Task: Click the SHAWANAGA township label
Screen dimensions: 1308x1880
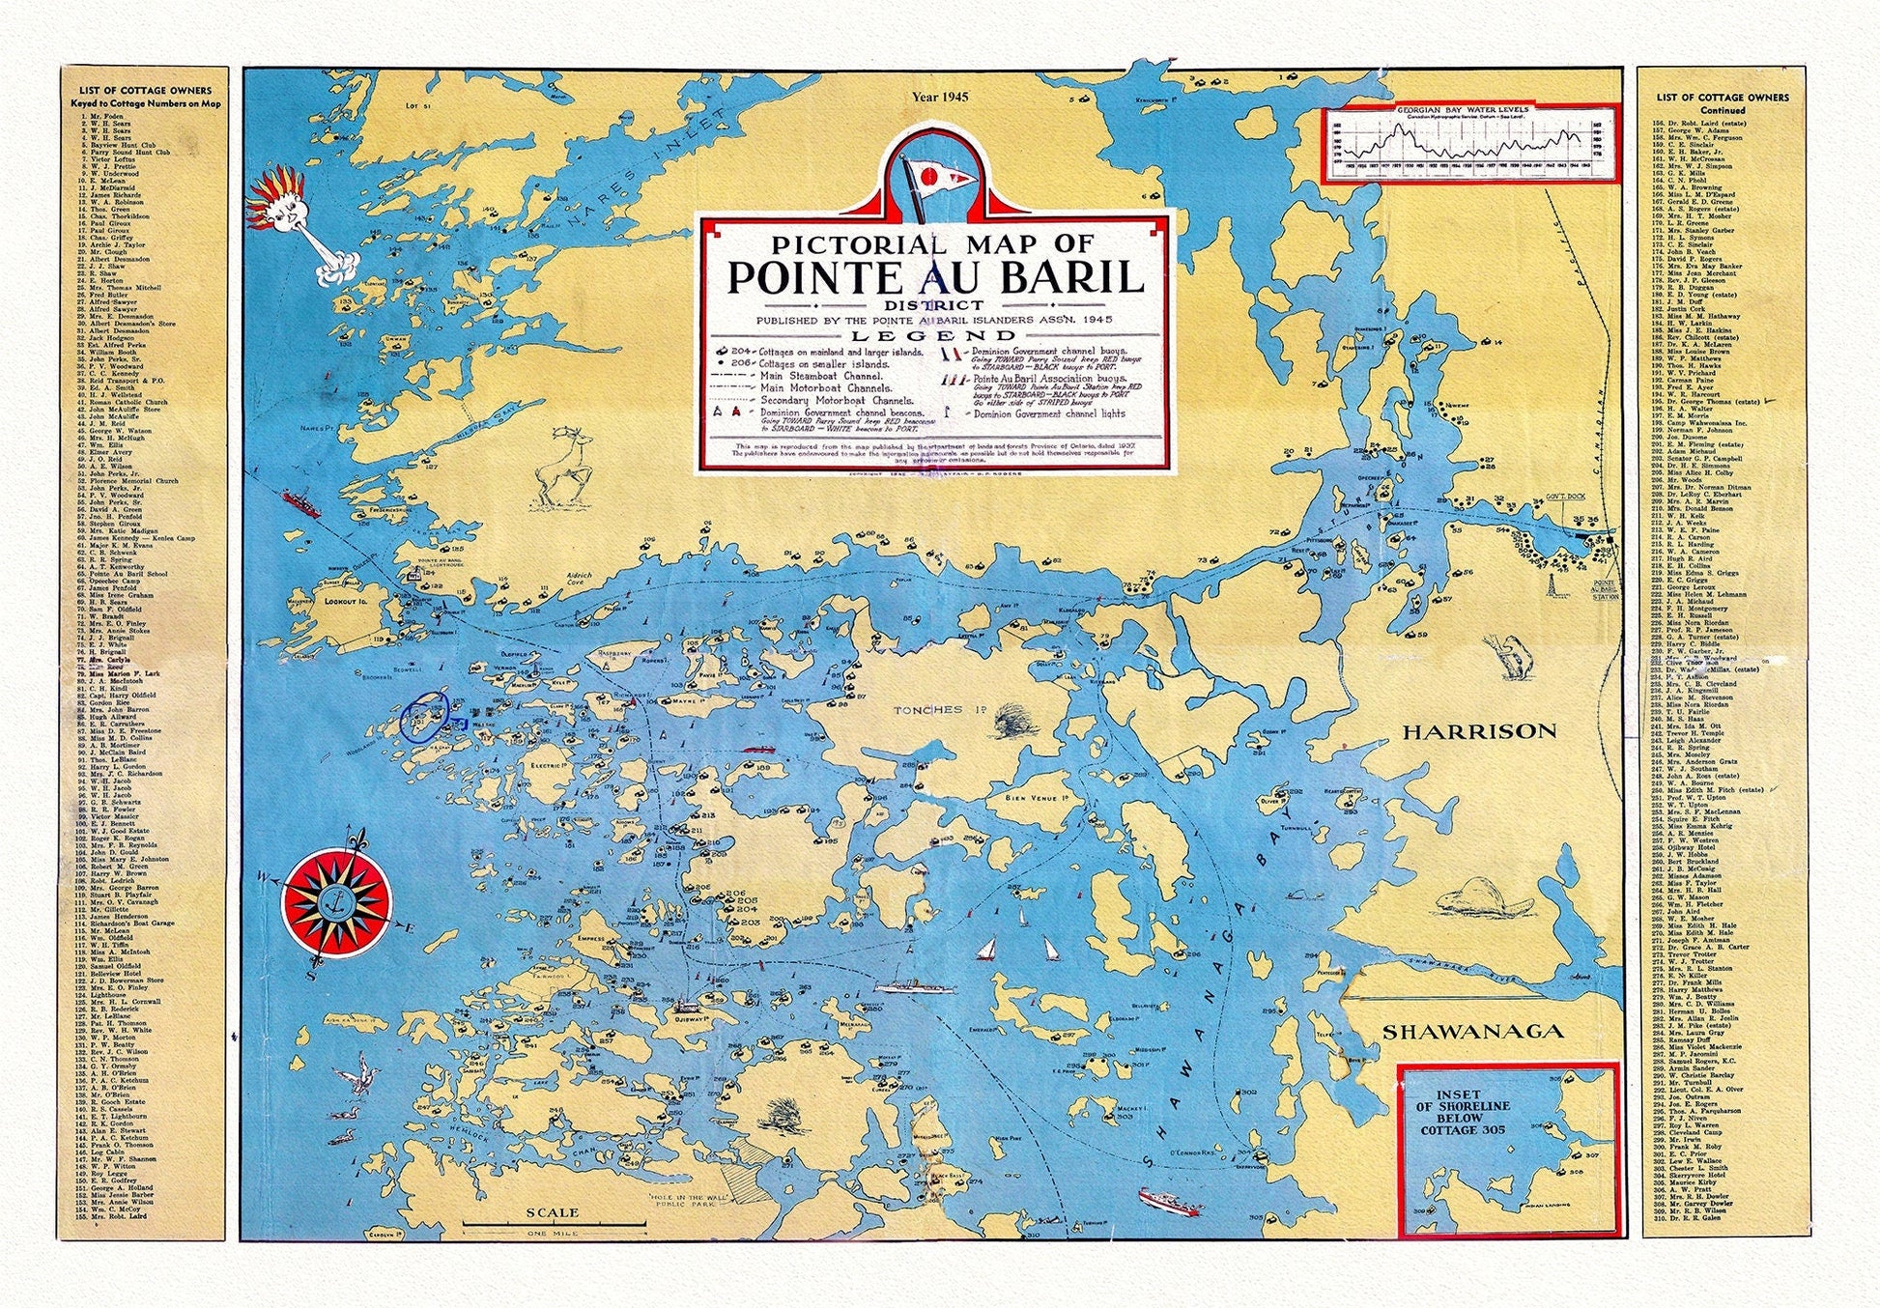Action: (x=1472, y=1032)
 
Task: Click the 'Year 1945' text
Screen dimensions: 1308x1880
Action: (x=939, y=97)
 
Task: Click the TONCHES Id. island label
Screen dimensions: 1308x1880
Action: (x=933, y=710)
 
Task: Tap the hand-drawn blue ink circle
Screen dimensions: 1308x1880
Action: (x=425, y=716)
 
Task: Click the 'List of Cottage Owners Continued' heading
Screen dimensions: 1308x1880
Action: (x=1723, y=103)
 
